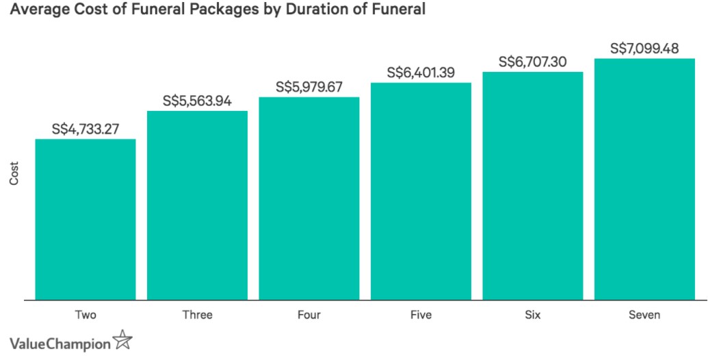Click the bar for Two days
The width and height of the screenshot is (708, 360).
click(x=85, y=219)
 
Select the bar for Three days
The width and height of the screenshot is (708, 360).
click(x=197, y=205)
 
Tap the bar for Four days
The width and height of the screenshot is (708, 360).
click(x=309, y=198)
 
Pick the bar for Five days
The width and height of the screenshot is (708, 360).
click(x=421, y=191)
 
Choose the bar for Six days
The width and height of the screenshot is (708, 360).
click(x=532, y=185)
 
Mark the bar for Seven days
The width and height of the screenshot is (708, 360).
click(x=644, y=179)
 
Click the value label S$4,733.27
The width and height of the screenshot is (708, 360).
click(x=86, y=129)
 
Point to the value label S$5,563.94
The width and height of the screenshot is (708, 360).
click(x=197, y=101)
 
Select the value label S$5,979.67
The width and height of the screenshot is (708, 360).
click(x=309, y=87)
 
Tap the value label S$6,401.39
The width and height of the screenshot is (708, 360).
click(x=421, y=73)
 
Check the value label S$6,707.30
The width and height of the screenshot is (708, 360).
click(x=532, y=62)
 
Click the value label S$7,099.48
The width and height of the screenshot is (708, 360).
click(x=644, y=49)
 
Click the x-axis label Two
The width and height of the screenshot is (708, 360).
click(x=85, y=316)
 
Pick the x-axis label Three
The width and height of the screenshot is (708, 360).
click(x=197, y=316)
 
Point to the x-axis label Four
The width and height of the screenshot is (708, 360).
click(x=309, y=316)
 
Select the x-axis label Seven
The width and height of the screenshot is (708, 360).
click(x=644, y=316)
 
